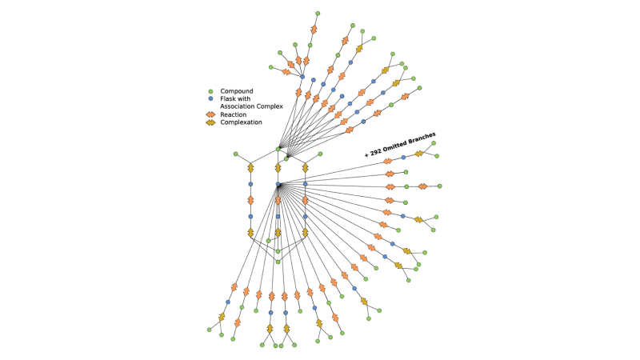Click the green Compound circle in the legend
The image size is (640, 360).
point(210,91)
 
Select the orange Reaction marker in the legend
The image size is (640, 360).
point(210,114)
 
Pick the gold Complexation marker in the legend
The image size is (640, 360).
point(210,122)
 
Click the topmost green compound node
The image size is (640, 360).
point(318,14)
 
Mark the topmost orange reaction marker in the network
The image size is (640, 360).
point(314,30)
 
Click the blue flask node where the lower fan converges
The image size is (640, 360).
point(278,185)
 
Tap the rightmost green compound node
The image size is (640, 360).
point(439,186)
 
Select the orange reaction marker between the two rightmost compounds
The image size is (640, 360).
point(422,186)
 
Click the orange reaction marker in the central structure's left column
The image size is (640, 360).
point(250,200)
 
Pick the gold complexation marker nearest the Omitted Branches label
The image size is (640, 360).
point(418,154)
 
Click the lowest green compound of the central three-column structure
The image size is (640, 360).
point(278,262)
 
